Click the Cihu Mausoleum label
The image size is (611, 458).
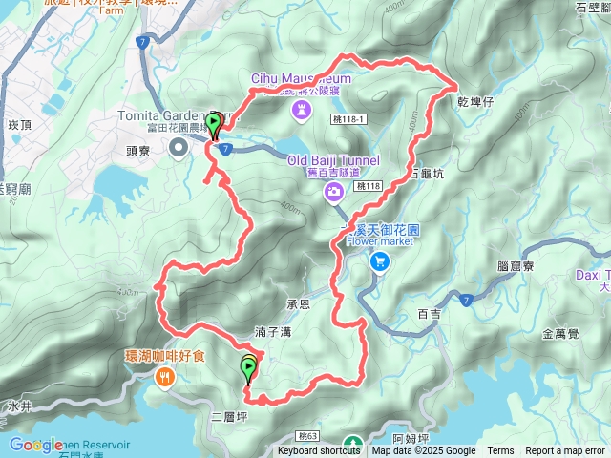pyautogui.click(x=302, y=78)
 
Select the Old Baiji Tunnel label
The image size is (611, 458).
pyautogui.click(x=333, y=160)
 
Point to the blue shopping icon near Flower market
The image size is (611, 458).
pyautogui.click(x=380, y=260)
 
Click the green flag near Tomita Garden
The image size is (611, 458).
pyautogui.click(x=215, y=123)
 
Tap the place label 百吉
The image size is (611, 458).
pyautogui.click(x=432, y=313)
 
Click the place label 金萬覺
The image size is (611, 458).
pyautogui.click(x=560, y=334)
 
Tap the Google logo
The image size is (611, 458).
pyautogui.click(x=36, y=445)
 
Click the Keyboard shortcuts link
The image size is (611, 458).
pyautogui.click(x=319, y=451)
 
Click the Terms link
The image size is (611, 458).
pyautogui.click(x=500, y=451)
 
